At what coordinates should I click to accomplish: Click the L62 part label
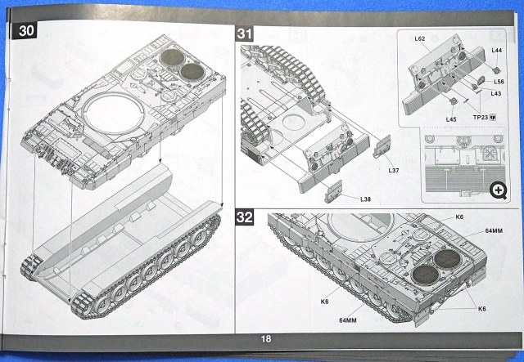419,38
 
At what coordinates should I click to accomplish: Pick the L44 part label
497,51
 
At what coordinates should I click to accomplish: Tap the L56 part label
499,82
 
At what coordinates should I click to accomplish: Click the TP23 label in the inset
484,117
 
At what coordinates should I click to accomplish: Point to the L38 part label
366,199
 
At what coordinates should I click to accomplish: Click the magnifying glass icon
496,190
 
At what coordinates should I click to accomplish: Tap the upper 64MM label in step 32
493,232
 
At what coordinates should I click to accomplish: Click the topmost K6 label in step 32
459,217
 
